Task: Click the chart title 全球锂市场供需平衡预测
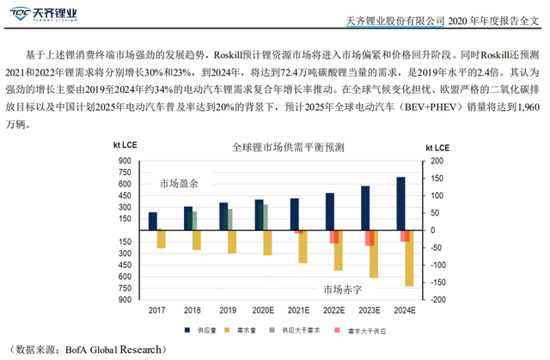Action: pyautogui.click(x=274, y=148)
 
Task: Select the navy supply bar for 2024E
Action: pyautogui.click(x=400, y=204)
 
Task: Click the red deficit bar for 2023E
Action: pyautogui.click(x=371, y=238)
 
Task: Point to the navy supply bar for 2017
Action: pyautogui.click(x=153, y=221)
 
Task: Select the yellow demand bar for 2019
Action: pyautogui.click(x=232, y=241)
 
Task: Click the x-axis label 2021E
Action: pyautogui.click(x=299, y=310)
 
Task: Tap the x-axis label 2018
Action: pyautogui.click(x=192, y=310)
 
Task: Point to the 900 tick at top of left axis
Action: pyautogui.click(x=125, y=161)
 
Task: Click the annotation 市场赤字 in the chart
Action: pyautogui.click(x=342, y=290)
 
